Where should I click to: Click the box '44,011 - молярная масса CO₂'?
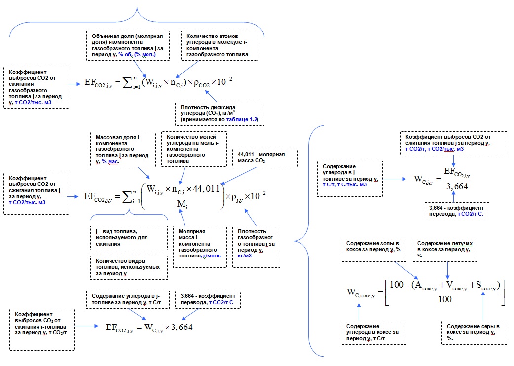pyautogui.click(x=257, y=157)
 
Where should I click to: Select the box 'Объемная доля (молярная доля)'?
pyautogui.click(x=128, y=45)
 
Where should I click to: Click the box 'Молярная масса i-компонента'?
pyautogui.click(x=197, y=246)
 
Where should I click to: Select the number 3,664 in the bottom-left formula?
pyautogui.click(x=179, y=328)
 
